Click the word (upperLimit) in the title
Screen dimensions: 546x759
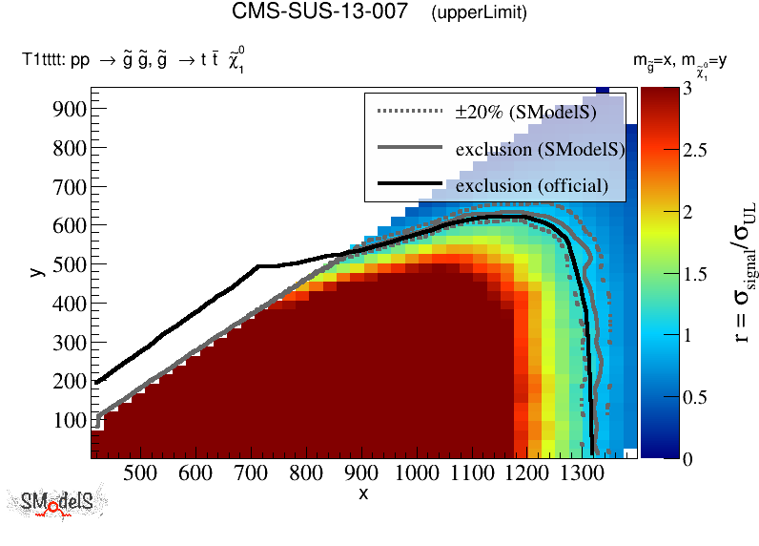(479, 14)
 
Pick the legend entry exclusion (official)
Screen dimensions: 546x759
(531, 185)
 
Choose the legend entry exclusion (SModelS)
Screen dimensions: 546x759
(540, 149)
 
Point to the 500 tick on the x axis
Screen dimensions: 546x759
(141, 472)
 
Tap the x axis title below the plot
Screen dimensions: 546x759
(363, 493)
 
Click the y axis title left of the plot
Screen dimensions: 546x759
(36, 272)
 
